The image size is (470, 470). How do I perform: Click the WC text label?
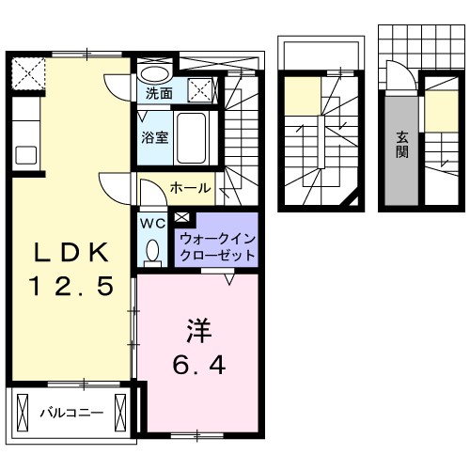click(x=151, y=225)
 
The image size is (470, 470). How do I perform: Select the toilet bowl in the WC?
click(x=152, y=251)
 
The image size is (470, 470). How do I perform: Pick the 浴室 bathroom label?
click(x=155, y=137)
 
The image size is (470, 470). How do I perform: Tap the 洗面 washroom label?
click(x=159, y=94)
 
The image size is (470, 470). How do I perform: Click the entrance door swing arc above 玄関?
click(x=395, y=75)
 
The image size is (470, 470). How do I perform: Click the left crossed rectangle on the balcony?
click(x=23, y=411)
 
